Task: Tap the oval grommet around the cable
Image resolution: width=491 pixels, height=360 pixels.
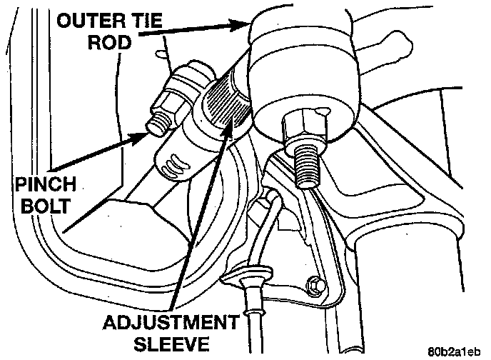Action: pyautogui.click(x=248, y=277)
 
